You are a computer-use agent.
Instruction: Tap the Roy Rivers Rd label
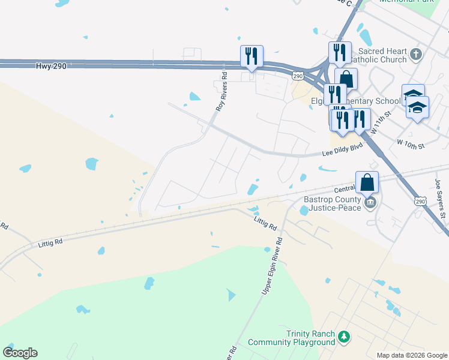[222, 91]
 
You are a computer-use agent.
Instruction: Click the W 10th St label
[411, 145]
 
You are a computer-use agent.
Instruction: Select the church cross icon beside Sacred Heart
[416, 56]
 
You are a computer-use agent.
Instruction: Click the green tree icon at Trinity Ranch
[343, 337]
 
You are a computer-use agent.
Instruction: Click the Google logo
[20, 353]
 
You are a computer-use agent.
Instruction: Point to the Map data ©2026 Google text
[411, 355]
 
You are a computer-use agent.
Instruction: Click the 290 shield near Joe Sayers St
[420, 202]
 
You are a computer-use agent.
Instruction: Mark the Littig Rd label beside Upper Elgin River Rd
[265, 224]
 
